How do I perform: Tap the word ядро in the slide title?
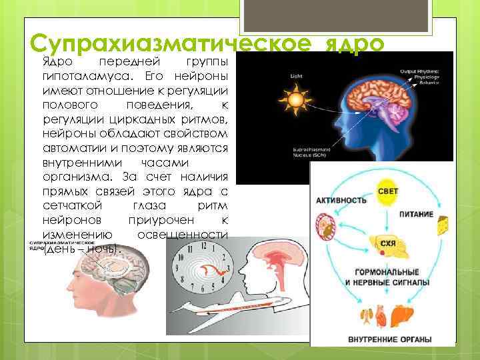(355, 44)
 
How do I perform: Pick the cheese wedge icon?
(441, 227)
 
